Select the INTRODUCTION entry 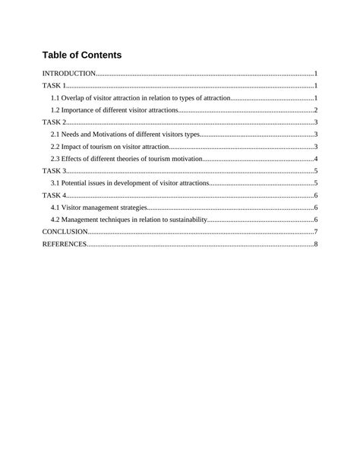point(69,74)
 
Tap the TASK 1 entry point(54,86)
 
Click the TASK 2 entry point(54,122)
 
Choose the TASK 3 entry point(54,171)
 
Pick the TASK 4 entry point(54,195)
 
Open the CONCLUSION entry point(65,232)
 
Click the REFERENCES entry point(65,244)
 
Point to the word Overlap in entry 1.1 point(74,98)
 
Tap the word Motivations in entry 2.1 point(114,135)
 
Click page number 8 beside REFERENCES point(315,244)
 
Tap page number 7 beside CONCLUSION point(315,232)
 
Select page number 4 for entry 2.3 point(315,159)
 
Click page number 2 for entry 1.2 point(315,110)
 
